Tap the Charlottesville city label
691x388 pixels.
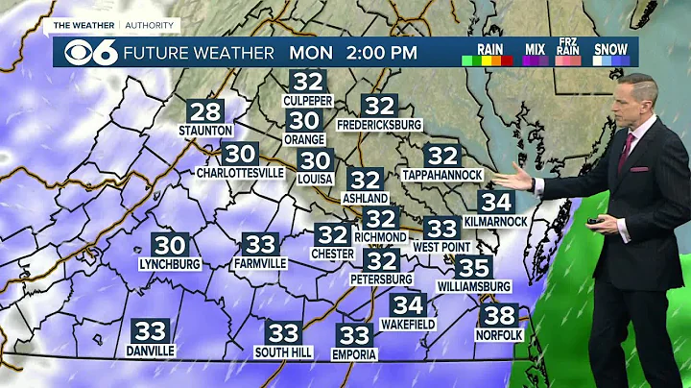tap(240, 173)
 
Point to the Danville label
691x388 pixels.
tap(150, 351)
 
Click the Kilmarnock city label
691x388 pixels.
tap(496, 222)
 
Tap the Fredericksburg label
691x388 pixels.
tap(380, 125)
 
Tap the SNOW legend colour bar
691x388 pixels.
tap(610, 60)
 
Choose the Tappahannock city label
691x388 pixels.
tap(442, 174)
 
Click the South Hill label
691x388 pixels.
tap(283, 352)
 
